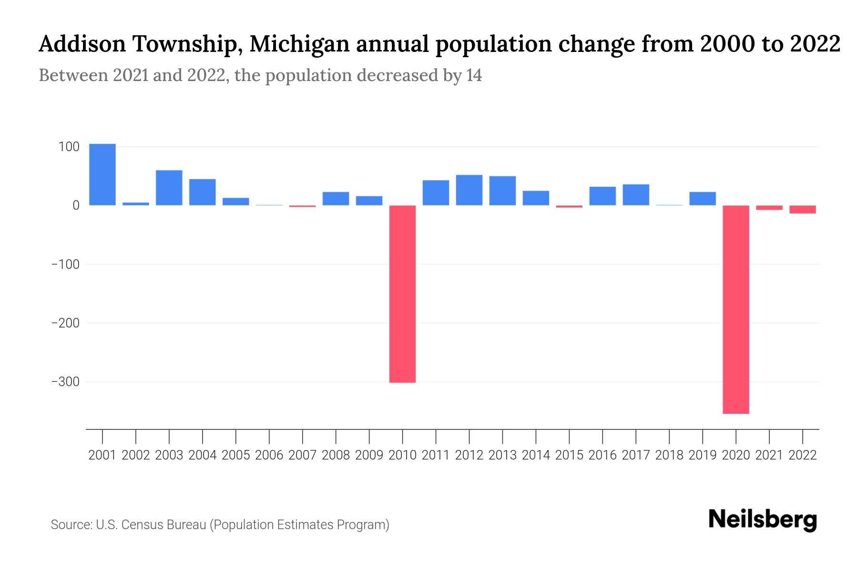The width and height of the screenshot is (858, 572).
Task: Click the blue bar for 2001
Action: [x=102, y=174]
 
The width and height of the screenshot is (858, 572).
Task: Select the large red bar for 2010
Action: [x=402, y=294]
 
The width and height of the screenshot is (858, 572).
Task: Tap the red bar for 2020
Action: [x=736, y=309]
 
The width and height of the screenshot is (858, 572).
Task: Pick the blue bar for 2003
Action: [x=169, y=188]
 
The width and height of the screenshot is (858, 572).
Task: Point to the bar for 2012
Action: [x=469, y=190]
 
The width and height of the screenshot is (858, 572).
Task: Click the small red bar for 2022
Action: [x=803, y=209]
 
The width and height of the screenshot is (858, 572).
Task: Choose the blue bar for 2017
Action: [x=636, y=194]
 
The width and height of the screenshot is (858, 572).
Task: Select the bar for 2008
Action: [x=336, y=198]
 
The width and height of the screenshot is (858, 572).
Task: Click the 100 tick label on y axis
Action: [x=69, y=147]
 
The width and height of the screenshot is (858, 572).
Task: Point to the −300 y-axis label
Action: [x=65, y=382]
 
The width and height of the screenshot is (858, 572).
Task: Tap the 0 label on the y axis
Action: [x=75, y=205]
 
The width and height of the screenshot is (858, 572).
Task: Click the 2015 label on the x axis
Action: [x=569, y=455]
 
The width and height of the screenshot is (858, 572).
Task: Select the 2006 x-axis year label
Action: [x=269, y=455]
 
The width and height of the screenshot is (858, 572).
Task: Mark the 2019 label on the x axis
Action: [x=703, y=455]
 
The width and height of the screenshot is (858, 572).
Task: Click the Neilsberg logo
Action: [x=763, y=520]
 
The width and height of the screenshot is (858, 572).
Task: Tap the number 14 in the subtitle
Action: [x=474, y=75]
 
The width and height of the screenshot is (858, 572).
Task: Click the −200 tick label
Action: [x=65, y=323]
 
